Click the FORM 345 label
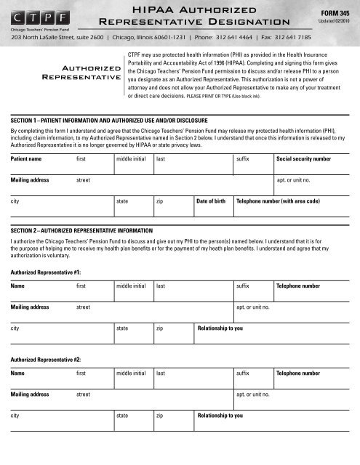[x=335, y=13]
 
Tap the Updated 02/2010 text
[x=335, y=23]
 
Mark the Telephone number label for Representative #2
[x=298, y=373]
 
